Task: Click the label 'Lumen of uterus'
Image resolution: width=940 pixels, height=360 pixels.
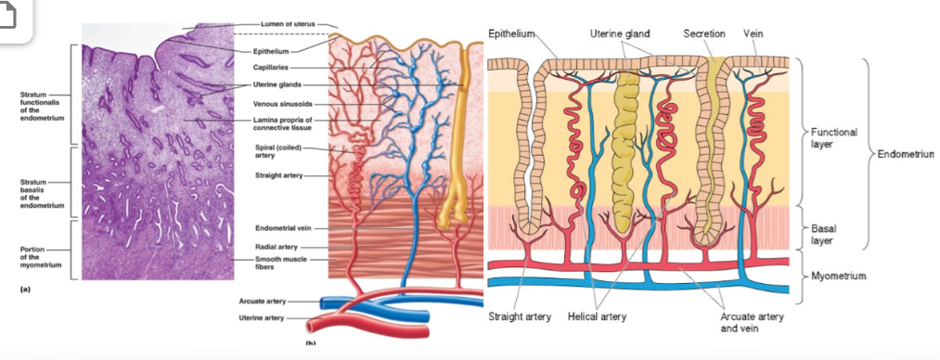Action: pyautogui.click(x=288, y=24)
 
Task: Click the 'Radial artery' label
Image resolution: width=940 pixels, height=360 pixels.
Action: pyautogui.click(x=273, y=246)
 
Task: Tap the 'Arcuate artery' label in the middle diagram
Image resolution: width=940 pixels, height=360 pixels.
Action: pyautogui.click(x=262, y=301)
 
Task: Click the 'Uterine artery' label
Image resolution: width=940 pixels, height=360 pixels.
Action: pyautogui.click(x=261, y=318)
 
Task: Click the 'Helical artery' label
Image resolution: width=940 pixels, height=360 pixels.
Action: pyautogui.click(x=597, y=316)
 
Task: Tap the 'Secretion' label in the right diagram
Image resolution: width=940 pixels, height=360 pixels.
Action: pyautogui.click(x=704, y=33)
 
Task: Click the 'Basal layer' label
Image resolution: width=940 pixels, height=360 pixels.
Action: pyautogui.click(x=823, y=234)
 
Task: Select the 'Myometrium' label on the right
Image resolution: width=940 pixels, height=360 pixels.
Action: pyautogui.click(x=838, y=276)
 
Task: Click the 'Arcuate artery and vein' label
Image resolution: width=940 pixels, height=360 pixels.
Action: pyautogui.click(x=751, y=322)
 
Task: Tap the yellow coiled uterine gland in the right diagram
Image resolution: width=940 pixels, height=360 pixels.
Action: pyautogui.click(x=625, y=155)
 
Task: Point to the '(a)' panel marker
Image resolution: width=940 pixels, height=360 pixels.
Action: pyautogui.click(x=25, y=289)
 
